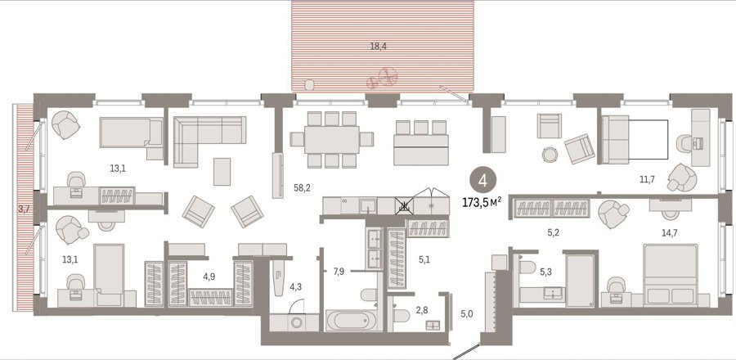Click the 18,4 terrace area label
pos(378,47)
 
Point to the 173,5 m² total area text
pos(482,202)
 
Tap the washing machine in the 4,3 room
pos(297,323)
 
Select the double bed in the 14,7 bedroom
pos(671,275)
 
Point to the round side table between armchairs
pos(550,154)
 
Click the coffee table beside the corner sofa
pos(222,171)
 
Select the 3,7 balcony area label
pos(24,209)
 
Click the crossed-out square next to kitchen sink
pos(404,205)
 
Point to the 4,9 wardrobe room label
pos(209,277)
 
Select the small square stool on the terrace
pos(309,85)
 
